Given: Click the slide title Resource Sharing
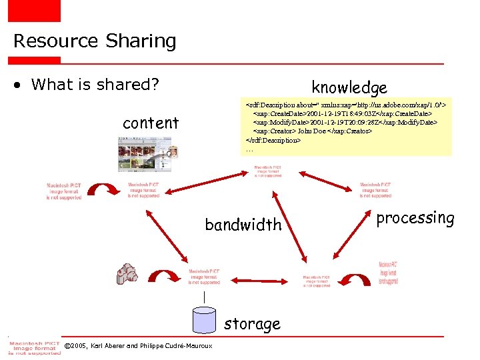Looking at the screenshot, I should point(95,41).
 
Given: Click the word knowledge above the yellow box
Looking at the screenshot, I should point(349,87).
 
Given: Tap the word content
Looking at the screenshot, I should point(151,123).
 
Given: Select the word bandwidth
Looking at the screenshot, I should point(243,225).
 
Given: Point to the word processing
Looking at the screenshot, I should point(415,218).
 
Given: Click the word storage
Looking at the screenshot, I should point(252,324).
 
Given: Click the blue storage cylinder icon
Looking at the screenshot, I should point(204,320).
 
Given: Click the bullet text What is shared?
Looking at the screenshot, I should point(95,85).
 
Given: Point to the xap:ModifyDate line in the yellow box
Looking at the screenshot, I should point(344,123).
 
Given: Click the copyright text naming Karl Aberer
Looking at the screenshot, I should point(133,346).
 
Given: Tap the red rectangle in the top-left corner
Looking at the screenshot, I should point(34,10).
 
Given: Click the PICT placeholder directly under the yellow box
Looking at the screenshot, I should point(267,171).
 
